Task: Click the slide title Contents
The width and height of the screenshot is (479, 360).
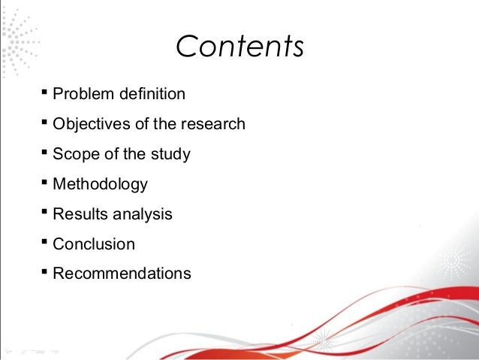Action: pyautogui.click(x=239, y=46)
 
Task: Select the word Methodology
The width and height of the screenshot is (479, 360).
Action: pyautogui.click(x=100, y=184)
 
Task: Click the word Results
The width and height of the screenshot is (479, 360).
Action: pyautogui.click(x=81, y=214)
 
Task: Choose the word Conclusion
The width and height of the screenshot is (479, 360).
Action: pyautogui.click(x=94, y=244)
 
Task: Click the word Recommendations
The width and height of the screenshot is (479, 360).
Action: pyautogui.click(x=122, y=274)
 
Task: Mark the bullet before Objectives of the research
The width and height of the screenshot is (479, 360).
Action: pyautogui.click(x=45, y=123)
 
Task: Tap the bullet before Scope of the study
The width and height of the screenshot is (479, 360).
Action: pyautogui.click(x=45, y=153)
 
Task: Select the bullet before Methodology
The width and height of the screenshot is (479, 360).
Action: pyautogui.click(x=45, y=183)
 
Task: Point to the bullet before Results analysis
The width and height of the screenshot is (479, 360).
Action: pyautogui.click(x=45, y=213)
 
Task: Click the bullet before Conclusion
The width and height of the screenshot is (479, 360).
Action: pyautogui.click(x=45, y=243)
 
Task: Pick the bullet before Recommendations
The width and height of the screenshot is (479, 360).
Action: pyautogui.click(x=45, y=272)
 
